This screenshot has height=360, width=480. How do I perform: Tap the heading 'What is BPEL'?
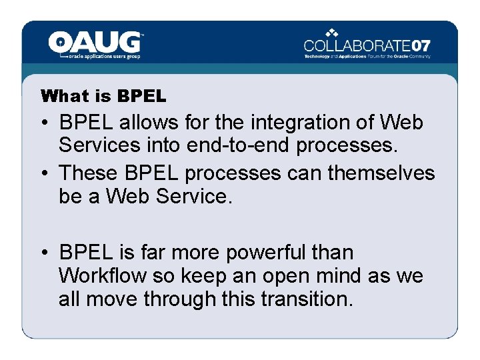point(103,96)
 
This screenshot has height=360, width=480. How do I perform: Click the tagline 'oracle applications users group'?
point(105,57)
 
